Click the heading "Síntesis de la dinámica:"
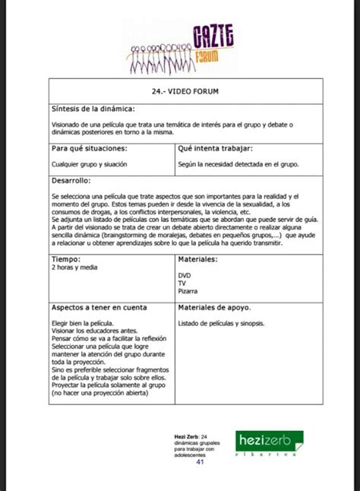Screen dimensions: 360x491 click(x=93, y=108)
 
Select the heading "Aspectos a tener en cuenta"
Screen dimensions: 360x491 click(x=99, y=308)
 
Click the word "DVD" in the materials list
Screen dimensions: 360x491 click(x=185, y=275)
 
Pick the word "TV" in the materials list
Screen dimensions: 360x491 click(x=182, y=283)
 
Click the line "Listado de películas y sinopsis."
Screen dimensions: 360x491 click(x=221, y=323)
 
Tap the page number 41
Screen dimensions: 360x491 click(x=201, y=461)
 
